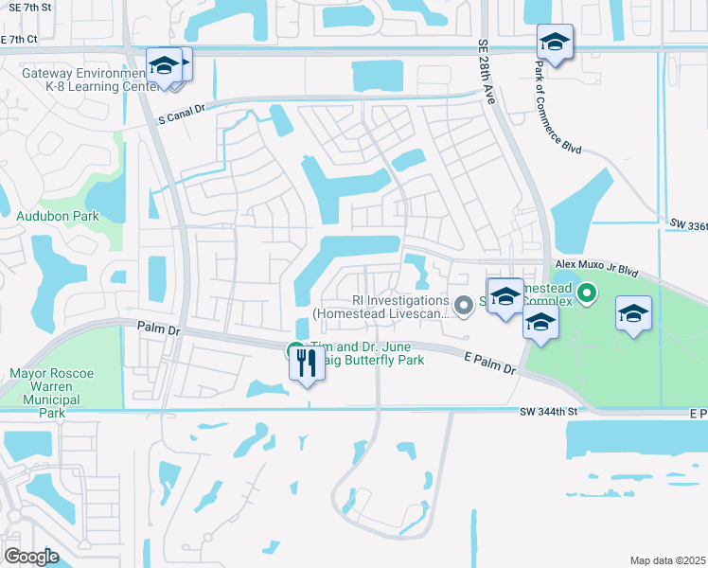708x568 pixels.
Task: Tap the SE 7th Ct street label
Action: tap(18, 40)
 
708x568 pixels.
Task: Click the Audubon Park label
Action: tap(58, 216)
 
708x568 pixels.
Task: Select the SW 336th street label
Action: tap(688, 224)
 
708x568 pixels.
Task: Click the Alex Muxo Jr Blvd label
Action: tap(597, 268)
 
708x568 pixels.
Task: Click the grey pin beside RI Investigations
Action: tap(463, 305)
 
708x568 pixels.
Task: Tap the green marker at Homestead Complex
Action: tap(586, 294)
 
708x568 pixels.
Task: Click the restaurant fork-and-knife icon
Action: tap(305, 362)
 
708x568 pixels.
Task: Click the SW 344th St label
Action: tap(548, 411)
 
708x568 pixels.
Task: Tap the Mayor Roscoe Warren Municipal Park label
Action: tap(51, 393)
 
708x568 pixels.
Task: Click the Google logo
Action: tap(30, 557)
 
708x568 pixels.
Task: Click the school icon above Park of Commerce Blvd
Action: tap(555, 43)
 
